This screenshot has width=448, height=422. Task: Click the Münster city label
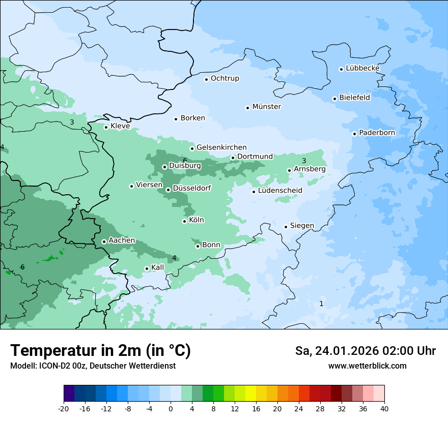pyautogui.click(x=267, y=107)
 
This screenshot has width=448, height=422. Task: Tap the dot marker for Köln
pyautogui.click(x=184, y=221)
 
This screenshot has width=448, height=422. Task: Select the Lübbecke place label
pyautogui.click(x=362, y=68)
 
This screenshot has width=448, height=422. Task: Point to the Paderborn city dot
pyautogui.click(x=354, y=134)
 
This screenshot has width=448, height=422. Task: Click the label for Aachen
pyautogui.click(x=122, y=240)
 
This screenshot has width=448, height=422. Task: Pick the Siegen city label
pyautogui.click(x=302, y=226)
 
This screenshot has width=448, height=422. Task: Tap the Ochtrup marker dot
pyautogui.click(x=206, y=79)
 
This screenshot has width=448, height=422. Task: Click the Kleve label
pyautogui.click(x=120, y=126)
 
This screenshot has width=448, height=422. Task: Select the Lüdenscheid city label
pyautogui.click(x=280, y=191)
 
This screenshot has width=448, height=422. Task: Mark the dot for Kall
pyautogui.click(x=147, y=268)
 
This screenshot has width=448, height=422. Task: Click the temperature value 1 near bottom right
pyautogui.click(x=321, y=304)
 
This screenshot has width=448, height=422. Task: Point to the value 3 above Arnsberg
pyautogui.click(x=304, y=161)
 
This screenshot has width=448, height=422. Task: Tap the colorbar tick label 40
pyautogui.click(x=384, y=409)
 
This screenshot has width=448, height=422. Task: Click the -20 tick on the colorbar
pyautogui.click(x=64, y=409)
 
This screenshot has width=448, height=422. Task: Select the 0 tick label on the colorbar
pyautogui.click(x=171, y=409)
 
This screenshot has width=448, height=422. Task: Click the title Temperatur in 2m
pyautogui.click(x=100, y=350)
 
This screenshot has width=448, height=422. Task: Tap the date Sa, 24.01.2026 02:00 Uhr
pyautogui.click(x=365, y=351)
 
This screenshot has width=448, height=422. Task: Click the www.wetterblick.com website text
pyautogui.click(x=367, y=366)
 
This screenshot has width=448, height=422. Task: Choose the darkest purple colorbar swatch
pyautogui.click(x=69, y=394)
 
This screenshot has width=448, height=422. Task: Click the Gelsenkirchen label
pyautogui.click(x=221, y=147)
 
